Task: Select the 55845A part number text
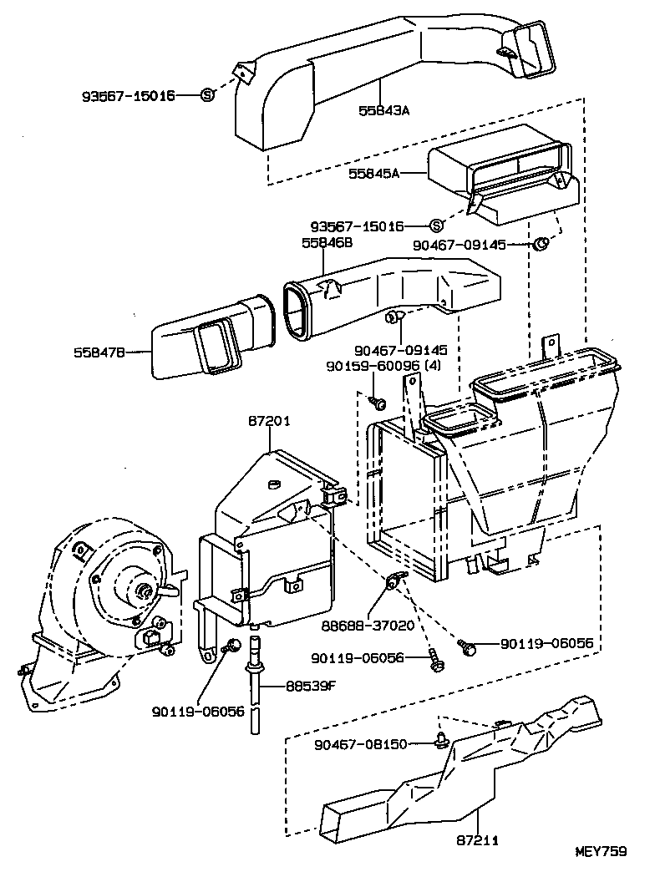click(375, 174)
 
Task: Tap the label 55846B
click(327, 242)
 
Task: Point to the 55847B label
click(98, 352)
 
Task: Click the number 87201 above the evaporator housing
click(269, 421)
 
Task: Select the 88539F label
click(312, 686)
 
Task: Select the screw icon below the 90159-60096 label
click(378, 404)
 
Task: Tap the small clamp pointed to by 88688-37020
click(394, 580)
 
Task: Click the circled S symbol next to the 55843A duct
click(208, 95)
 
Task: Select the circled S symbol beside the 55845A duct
click(436, 226)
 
